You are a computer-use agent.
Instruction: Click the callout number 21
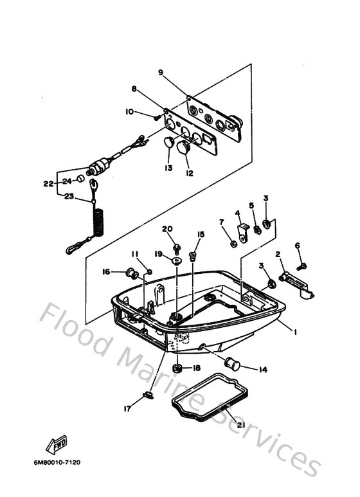tap(240, 425)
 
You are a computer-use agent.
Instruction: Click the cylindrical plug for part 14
tap(231, 365)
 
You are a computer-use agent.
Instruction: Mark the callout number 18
tap(197, 368)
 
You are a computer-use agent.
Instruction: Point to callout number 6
tap(298, 246)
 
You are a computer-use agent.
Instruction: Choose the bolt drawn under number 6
tap(302, 264)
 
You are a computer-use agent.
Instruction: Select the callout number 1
tap(294, 332)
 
